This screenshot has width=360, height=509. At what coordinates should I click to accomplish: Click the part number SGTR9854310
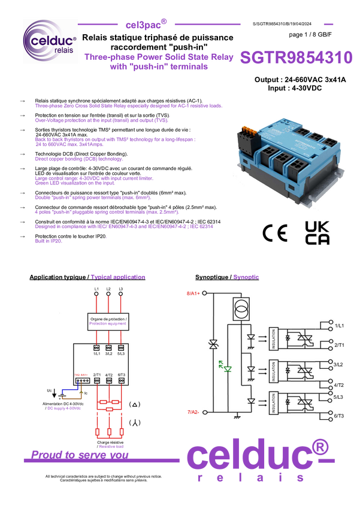(x=295, y=57)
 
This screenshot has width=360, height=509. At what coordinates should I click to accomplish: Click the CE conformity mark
(x=275, y=233)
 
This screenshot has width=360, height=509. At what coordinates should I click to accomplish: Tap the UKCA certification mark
(x=317, y=232)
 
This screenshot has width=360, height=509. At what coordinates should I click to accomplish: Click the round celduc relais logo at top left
(x=49, y=43)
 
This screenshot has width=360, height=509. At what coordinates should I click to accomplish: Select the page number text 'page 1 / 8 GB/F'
(x=310, y=35)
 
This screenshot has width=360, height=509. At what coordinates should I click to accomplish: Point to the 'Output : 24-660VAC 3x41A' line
(x=300, y=80)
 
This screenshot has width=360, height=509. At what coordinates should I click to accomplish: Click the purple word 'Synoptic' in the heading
(x=246, y=277)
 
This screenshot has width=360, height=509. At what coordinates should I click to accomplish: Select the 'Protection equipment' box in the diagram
(x=108, y=322)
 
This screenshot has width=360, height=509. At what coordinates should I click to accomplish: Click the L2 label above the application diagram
(x=108, y=290)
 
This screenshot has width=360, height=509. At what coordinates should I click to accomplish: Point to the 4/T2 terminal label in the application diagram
(x=108, y=374)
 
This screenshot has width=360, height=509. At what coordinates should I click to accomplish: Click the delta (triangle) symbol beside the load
(x=135, y=404)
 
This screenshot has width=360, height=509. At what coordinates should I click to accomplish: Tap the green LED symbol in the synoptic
(x=227, y=368)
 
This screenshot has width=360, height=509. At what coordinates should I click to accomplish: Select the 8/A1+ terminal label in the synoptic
(x=192, y=293)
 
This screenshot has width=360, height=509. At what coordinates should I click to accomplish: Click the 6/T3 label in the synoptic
(x=338, y=416)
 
